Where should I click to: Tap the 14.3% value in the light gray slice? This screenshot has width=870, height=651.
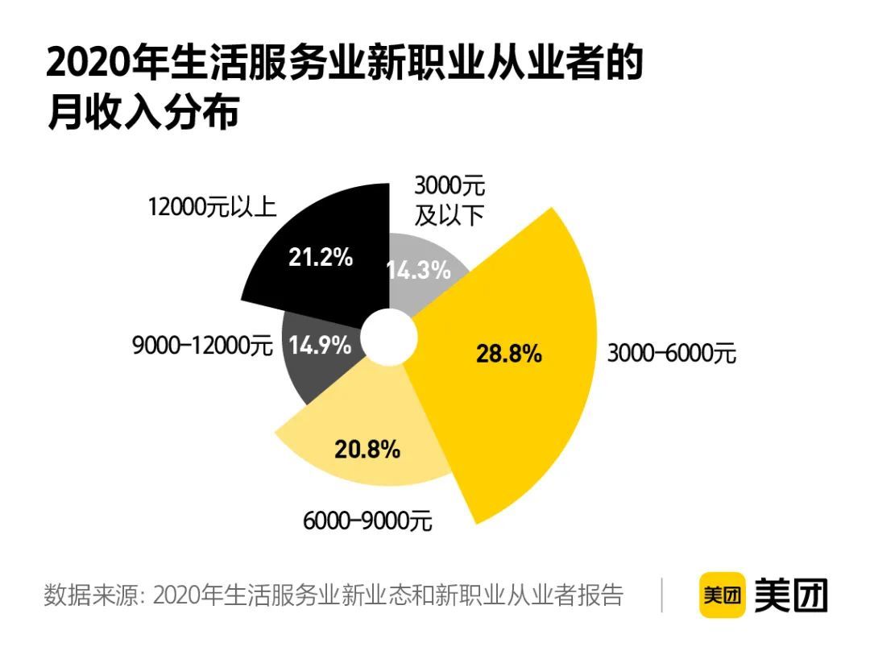(418, 270)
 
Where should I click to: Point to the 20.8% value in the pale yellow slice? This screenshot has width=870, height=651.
(367, 450)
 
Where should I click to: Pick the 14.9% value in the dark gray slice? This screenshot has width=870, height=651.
(320, 346)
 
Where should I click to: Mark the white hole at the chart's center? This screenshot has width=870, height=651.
(387, 338)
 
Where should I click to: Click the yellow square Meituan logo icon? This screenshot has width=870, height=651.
(722, 595)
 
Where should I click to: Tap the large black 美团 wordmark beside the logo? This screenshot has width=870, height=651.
(791, 595)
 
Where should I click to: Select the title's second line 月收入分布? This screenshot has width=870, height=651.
(143, 114)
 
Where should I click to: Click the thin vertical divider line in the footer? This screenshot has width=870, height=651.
(662, 595)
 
